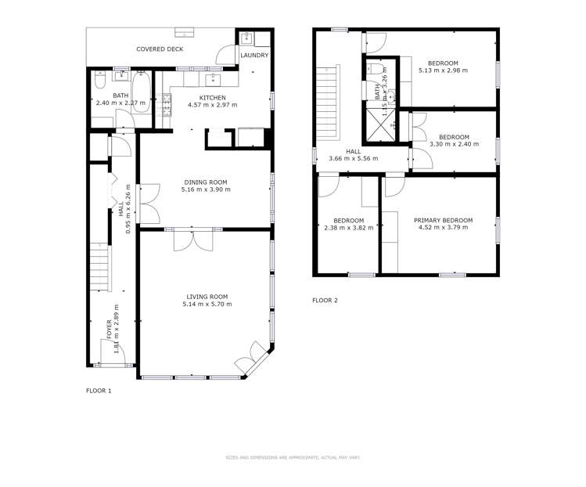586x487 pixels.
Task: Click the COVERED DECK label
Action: point(160,49)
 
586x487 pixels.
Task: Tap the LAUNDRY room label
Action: point(254,56)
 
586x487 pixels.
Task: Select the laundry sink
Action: point(244,38)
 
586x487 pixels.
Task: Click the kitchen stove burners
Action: point(167,106)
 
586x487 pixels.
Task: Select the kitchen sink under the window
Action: point(213,79)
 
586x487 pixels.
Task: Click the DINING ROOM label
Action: point(206,182)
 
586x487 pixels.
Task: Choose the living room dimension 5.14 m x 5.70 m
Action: point(207,304)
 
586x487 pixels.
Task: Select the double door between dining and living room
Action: point(193,239)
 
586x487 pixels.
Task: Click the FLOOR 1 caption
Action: point(99,390)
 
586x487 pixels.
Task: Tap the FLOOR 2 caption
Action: point(325,300)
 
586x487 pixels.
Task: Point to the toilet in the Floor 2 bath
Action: point(378,72)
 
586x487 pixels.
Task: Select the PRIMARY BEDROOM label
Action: point(443,220)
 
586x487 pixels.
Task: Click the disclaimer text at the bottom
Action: point(292,457)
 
